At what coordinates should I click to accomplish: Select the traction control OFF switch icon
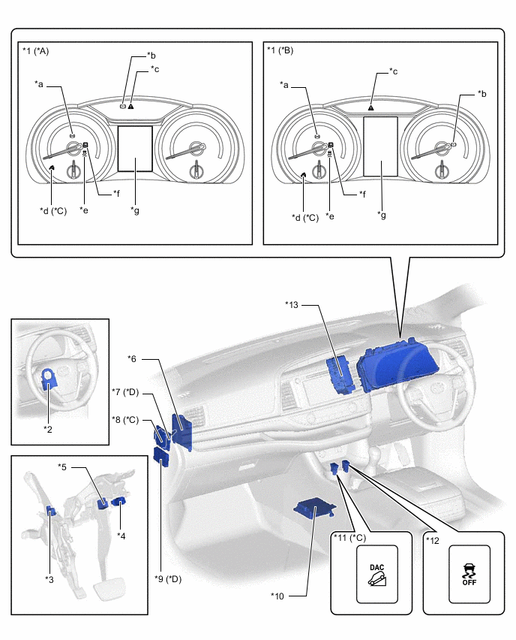pyautogui.click(x=469, y=574)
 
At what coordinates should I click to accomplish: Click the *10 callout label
pyautogui.click(x=279, y=596)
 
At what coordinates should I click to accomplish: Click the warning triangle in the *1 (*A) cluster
pyautogui.click(x=131, y=107)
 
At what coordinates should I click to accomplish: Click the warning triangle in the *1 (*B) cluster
pyautogui.click(x=370, y=107)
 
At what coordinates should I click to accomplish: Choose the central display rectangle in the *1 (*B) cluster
pyautogui.click(x=380, y=146)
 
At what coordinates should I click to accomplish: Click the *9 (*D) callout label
pyautogui.click(x=168, y=578)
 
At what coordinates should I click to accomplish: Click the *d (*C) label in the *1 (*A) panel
pyautogui.click(x=53, y=210)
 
